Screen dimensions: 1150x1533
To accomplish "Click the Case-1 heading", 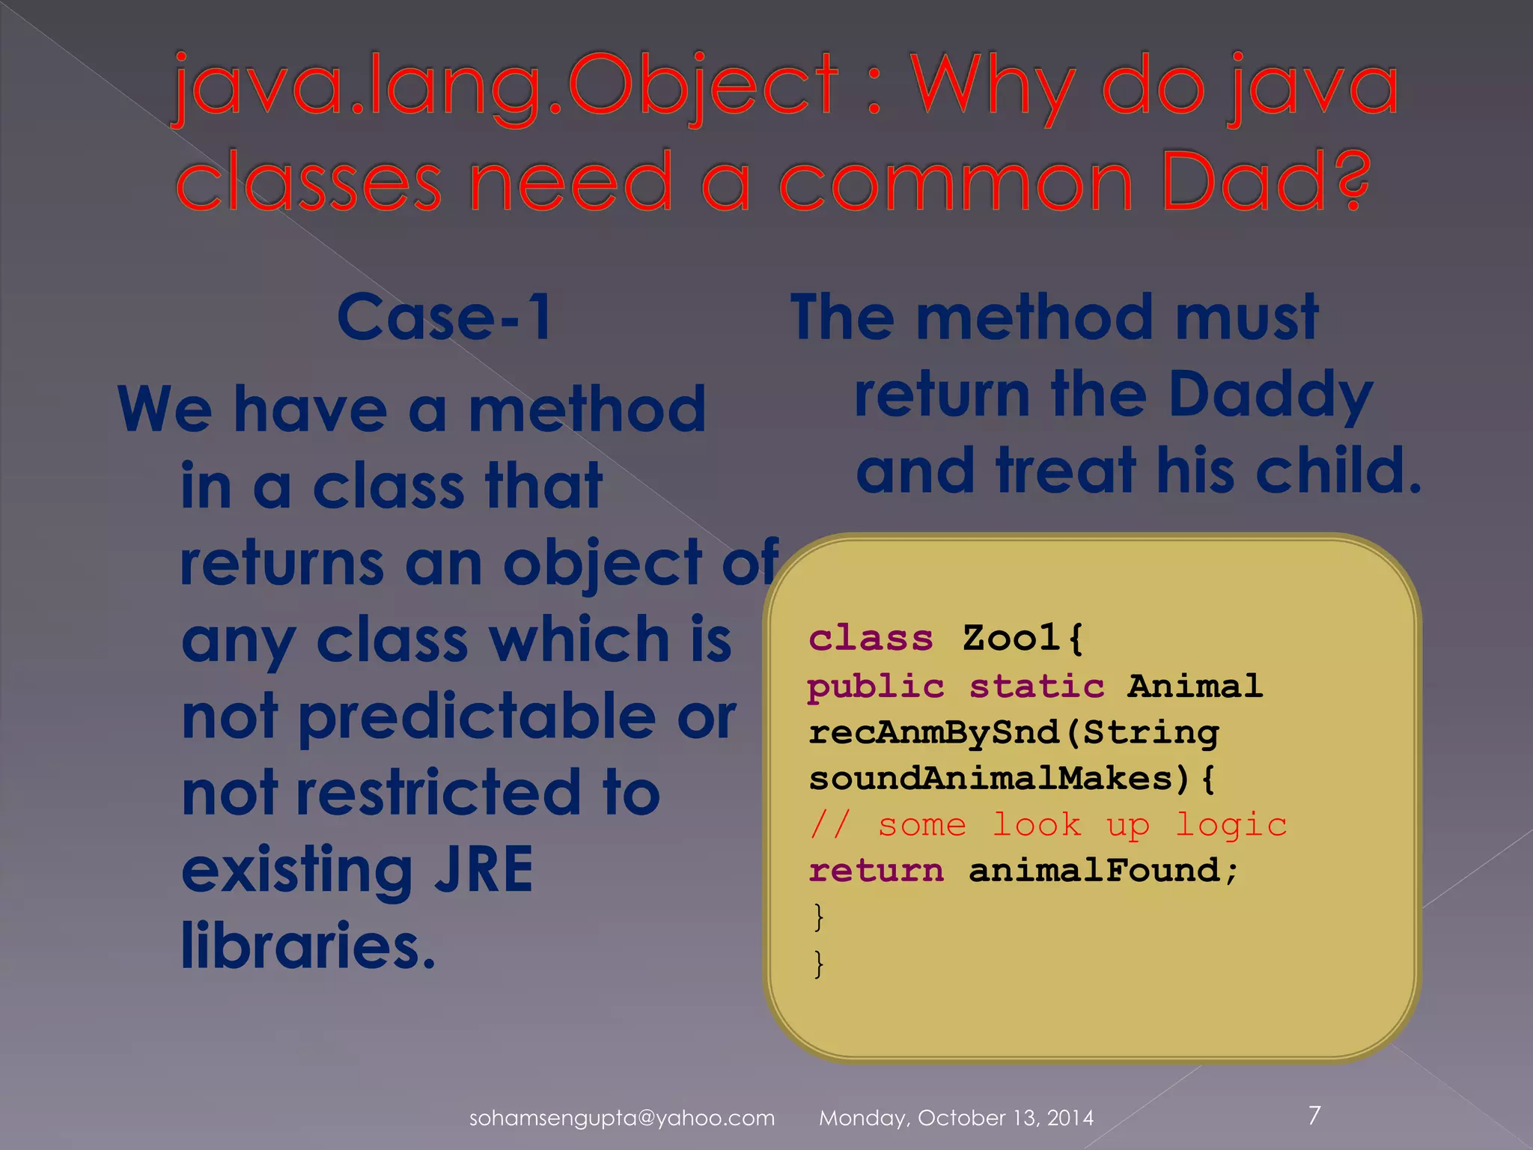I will [445, 317].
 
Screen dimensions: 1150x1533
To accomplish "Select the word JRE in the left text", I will [484, 869].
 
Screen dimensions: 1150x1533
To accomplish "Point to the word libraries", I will [308, 946].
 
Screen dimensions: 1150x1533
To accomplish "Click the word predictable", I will [478, 717].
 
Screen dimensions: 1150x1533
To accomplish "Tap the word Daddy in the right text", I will [1270, 395].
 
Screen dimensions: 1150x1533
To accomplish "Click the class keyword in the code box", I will [871, 639].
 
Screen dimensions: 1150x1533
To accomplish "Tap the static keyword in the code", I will [1037, 686].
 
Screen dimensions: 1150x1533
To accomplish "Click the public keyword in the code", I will [876, 686].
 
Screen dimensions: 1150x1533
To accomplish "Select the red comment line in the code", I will [1048, 825].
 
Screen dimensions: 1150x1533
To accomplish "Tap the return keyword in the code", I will [876, 871].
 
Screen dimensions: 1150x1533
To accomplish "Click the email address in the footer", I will [621, 1118].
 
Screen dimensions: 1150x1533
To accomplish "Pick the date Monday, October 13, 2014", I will [956, 1118].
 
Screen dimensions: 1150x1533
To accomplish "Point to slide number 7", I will [1314, 1115].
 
